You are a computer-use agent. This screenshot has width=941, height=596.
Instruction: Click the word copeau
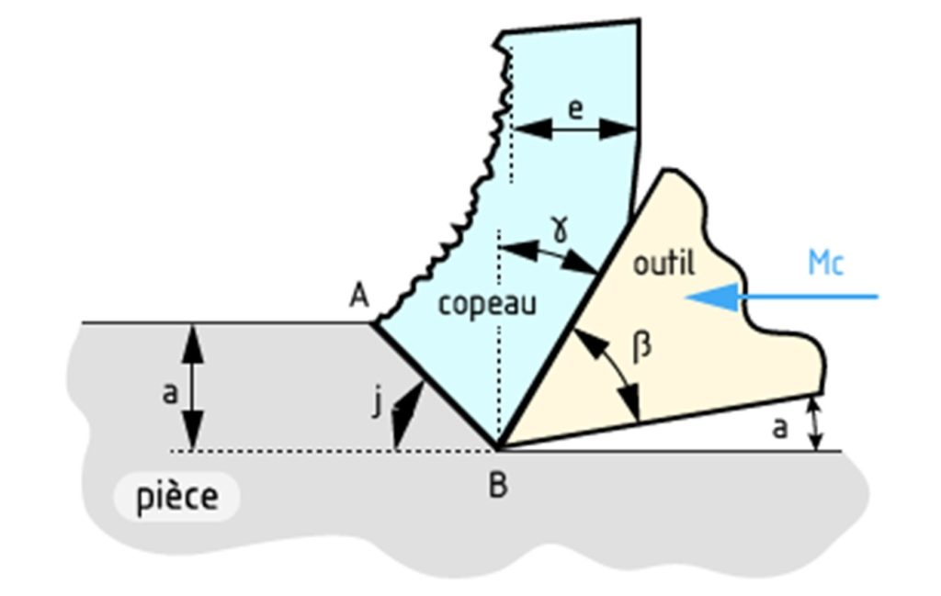click(x=486, y=304)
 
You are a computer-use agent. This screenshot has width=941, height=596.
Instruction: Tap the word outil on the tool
click(x=664, y=264)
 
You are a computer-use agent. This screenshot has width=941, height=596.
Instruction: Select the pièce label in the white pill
click(x=178, y=498)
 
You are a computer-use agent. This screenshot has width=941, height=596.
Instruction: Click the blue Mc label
click(x=825, y=263)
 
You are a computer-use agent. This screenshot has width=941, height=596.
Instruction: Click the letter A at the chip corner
click(x=359, y=296)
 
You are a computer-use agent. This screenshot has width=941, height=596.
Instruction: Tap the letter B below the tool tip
click(x=497, y=485)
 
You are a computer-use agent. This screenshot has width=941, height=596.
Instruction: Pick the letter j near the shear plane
click(x=377, y=402)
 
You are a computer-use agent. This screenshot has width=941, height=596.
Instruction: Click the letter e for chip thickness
click(x=575, y=109)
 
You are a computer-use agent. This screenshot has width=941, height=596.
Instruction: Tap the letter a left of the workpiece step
click(x=169, y=394)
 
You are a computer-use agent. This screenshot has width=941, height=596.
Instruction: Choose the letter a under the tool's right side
click(x=779, y=427)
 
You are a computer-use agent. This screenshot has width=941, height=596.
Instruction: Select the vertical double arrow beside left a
click(x=192, y=387)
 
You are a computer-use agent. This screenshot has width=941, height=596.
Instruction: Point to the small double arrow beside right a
click(x=812, y=424)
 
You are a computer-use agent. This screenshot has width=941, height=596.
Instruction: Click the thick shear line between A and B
click(x=436, y=385)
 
